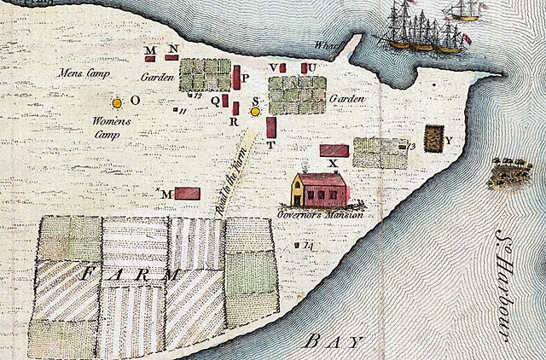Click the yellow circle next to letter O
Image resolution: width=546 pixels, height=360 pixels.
[117, 102]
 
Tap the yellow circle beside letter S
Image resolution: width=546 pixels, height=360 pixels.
[254, 112]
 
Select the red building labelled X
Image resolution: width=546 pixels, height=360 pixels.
[334, 150]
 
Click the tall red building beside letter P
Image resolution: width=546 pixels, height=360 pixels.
[235, 77]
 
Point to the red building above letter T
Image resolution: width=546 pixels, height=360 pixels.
[270, 128]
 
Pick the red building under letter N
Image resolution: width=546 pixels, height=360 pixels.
[171, 57]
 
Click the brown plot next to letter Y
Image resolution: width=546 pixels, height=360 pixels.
[434, 137]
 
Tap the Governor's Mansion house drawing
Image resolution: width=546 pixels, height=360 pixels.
[319, 189]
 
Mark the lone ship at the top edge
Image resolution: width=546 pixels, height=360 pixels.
[464, 11]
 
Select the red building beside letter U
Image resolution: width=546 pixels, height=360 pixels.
[304, 67]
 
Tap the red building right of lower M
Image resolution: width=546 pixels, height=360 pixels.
[187, 194]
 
